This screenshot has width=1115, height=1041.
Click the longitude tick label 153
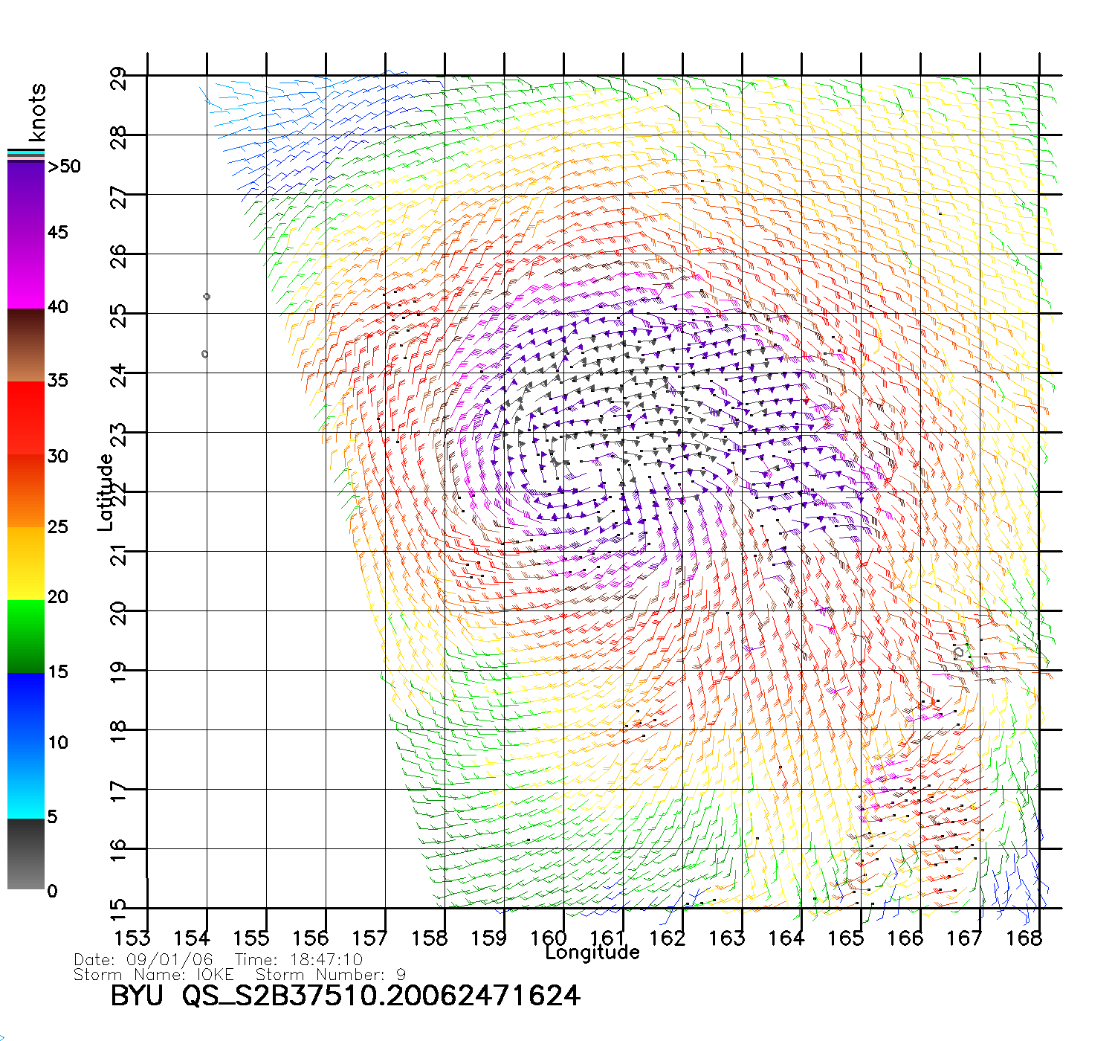(132, 938)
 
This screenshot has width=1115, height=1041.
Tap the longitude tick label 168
(1024, 938)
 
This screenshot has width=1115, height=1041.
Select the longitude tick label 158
(430, 938)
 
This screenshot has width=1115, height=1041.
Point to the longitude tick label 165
(846, 938)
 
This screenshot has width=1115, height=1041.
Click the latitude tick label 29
(119, 78)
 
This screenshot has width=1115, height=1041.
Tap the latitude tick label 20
(119, 612)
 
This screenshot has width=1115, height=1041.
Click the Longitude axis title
(592, 953)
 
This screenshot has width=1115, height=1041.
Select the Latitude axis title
(106, 492)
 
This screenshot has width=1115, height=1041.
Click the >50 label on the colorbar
(64, 167)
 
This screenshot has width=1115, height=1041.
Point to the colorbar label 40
(58, 307)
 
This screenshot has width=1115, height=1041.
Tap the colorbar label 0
(52, 891)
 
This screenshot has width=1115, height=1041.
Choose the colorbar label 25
(58, 527)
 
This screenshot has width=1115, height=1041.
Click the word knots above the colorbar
(37, 112)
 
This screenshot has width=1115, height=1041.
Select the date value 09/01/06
(169, 960)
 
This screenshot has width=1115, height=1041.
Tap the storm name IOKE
(215, 974)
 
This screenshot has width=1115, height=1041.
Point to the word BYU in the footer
(137, 996)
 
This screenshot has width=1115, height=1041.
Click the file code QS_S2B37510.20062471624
(381, 996)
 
